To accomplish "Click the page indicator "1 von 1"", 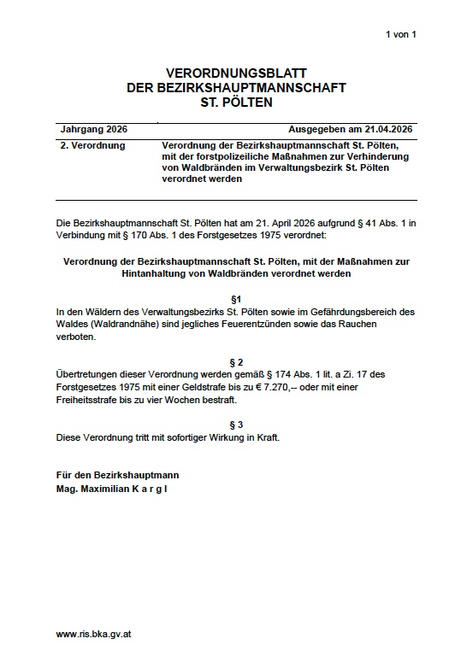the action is click(400, 34).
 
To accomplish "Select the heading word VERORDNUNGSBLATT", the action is click(236, 73).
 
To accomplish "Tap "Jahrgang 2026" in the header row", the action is click(94, 130).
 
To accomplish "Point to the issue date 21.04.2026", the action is click(386, 130).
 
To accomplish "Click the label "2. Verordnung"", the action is click(93, 146).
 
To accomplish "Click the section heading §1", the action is click(236, 298).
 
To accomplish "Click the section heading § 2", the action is click(236, 362).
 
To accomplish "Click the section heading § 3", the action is click(236, 425).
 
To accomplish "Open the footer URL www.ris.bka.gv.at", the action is click(93, 635).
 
